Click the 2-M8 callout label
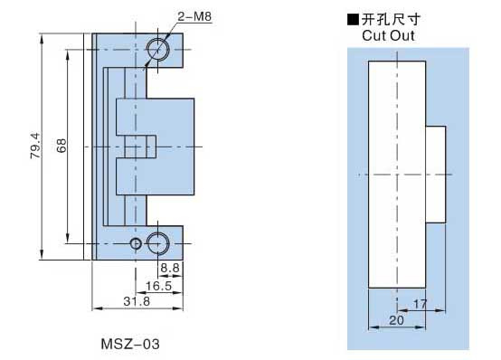tap(194, 16)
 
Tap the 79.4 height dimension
tap(36, 146)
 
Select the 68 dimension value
tap(61, 146)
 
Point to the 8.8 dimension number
tap(170, 268)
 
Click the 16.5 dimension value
tap(159, 286)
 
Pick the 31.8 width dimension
tap(137, 301)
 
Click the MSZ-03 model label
tap(130, 345)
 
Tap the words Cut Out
tap(388, 35)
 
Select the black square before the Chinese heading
tap(353, 20)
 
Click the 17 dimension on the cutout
tap(420, 304)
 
